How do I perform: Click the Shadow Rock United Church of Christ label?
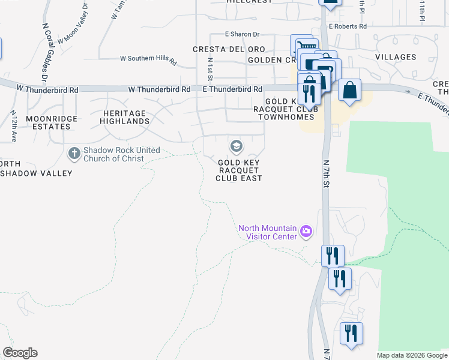coord(114,154)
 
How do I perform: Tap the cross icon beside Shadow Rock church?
coord(74,154)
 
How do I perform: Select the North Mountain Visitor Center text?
coord(268,232)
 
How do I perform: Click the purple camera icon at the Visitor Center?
coord(306,231)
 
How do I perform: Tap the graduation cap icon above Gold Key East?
coord(236,146)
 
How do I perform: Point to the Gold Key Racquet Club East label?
coord(240,170)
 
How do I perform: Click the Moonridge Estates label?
coord(52,123)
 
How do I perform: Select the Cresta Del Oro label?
coord(220,49)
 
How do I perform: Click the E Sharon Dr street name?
coord(242,35)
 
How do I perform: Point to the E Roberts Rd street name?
coord(348,26)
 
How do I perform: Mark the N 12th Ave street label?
coord(13,126)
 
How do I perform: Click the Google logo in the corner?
coord(20,353)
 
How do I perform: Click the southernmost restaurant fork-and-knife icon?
coord(351,333)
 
